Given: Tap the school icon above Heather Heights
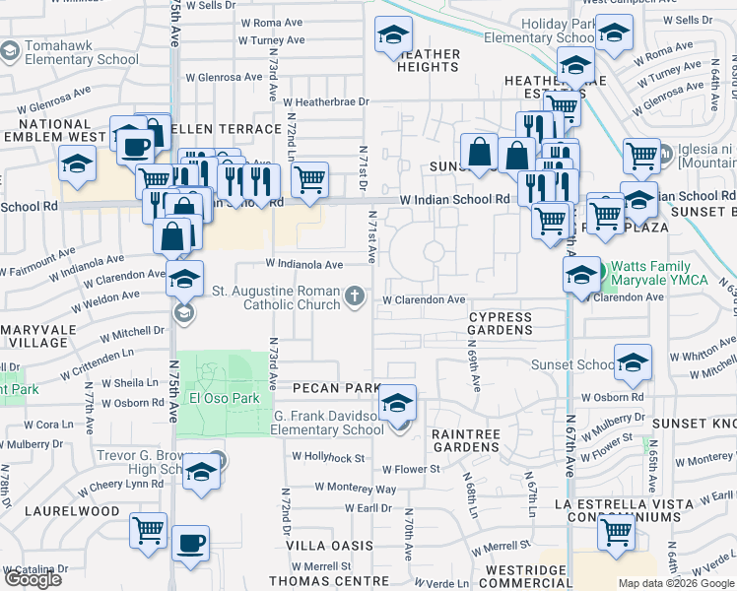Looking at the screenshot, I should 393,35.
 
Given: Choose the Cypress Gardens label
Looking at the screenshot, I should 499,324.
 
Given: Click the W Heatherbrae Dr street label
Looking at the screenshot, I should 325,101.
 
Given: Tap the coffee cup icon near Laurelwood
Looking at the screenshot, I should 190,542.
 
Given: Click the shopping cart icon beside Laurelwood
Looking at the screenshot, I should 149,530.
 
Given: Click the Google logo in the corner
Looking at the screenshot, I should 33,579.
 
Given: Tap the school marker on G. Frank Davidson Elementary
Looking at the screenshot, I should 397,403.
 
